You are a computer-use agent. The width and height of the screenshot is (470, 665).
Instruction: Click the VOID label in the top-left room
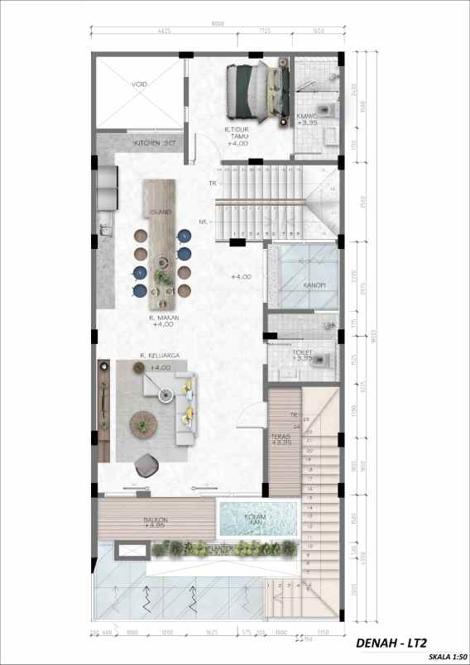coord(137,84)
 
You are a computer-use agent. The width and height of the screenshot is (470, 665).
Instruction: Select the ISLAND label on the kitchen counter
coord(161,213)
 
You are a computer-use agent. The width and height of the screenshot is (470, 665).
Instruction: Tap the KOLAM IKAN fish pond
coord(255,520)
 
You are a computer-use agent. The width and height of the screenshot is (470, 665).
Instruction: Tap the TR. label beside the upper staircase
coord(213,183)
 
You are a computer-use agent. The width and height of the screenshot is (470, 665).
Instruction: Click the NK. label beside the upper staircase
coord(204,221)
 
